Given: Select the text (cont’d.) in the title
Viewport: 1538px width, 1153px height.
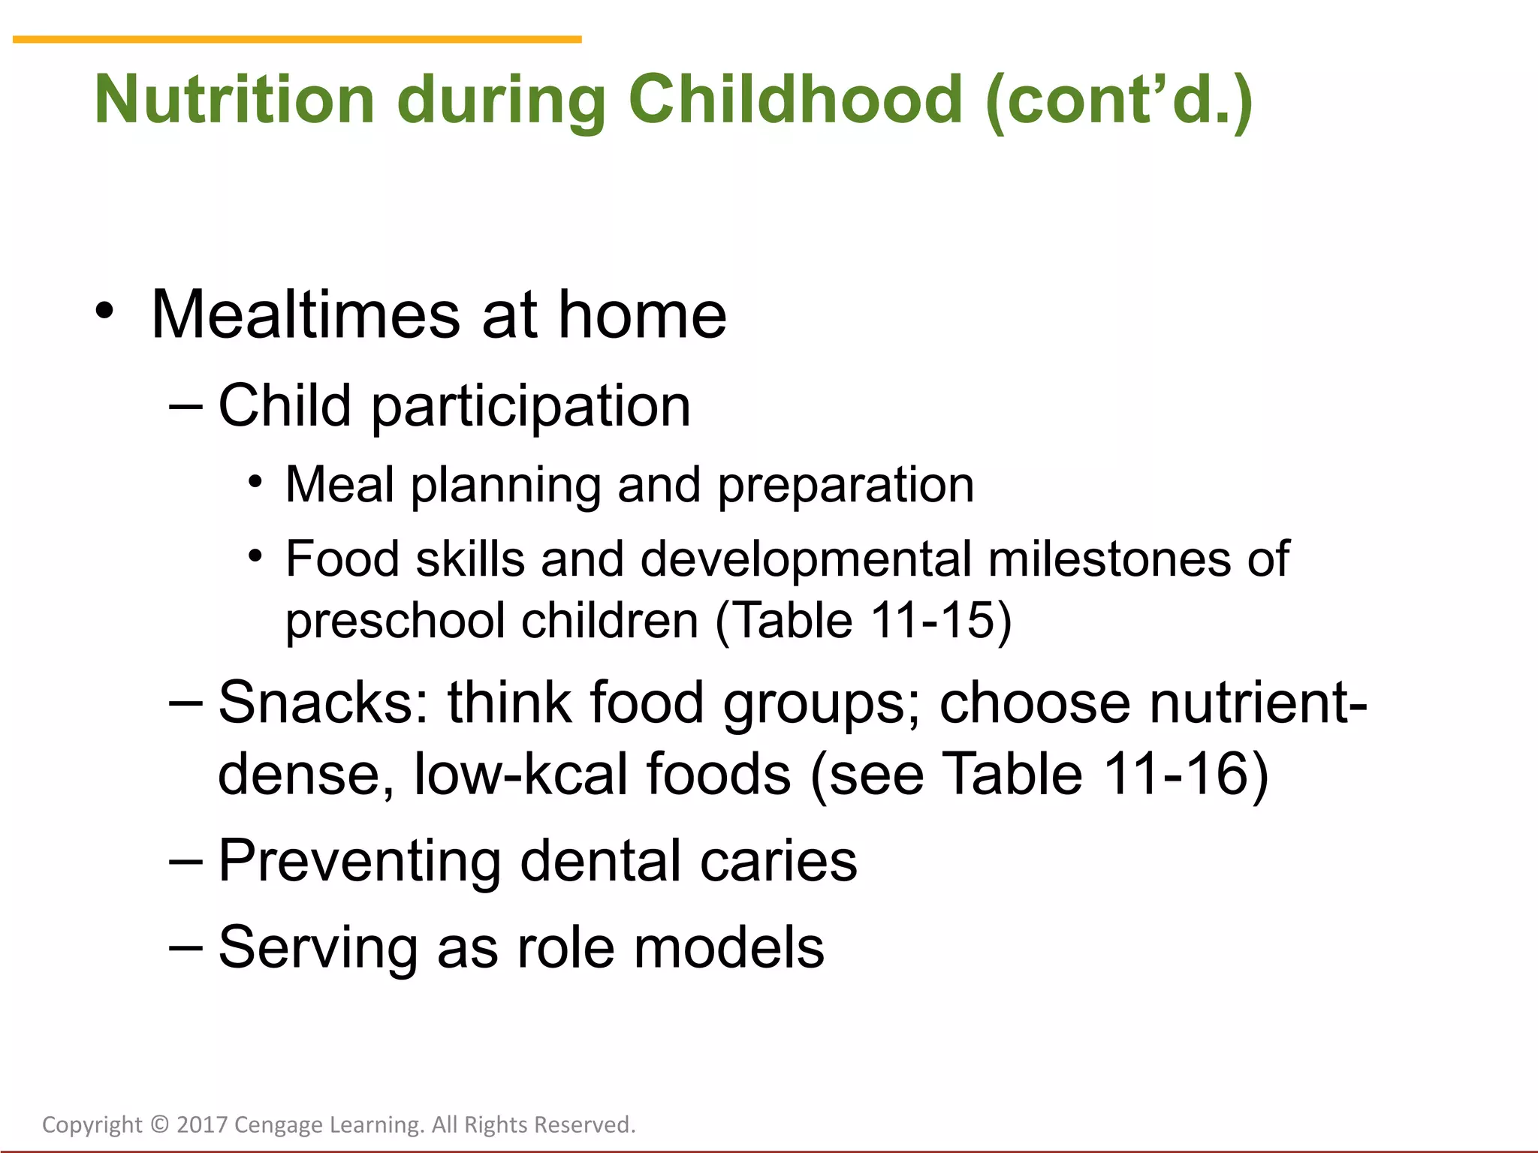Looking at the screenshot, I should [x=1119, y=101].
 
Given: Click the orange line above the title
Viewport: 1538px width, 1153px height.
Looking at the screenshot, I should [x=297, y=39].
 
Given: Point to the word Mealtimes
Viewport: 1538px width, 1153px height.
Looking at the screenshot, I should [x=306, y=315].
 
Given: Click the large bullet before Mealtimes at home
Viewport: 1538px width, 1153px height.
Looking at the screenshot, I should [x=105, y=310].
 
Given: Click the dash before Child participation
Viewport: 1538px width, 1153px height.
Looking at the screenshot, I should [x=185, y=406].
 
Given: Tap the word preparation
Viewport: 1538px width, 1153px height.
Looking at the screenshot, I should [x=846, y=486].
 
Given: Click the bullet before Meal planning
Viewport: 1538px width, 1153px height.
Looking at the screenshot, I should [x=256, y=481].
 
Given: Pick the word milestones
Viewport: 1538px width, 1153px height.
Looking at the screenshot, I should [x=1109, y=560].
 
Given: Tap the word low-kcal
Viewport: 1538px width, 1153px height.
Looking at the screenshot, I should [x=520, y=774].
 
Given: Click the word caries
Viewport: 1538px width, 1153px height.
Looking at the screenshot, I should [x=778, y=862].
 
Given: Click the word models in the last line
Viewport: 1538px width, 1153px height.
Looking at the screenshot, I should [x=728, y=948].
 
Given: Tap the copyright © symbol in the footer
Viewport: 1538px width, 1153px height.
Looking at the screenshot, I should [x=159, y=1124].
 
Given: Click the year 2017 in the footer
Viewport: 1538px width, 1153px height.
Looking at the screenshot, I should [x=202, y=1124].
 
